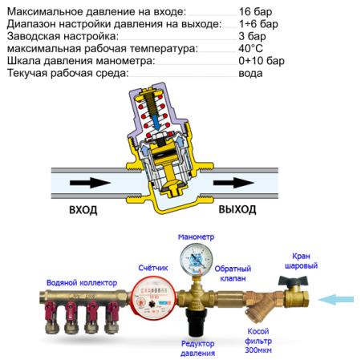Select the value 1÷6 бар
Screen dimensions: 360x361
258,24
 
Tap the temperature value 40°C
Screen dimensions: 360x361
251,48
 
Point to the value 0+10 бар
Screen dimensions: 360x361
262,60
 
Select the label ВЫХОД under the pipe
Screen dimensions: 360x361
237,210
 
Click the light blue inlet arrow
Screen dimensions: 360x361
337,300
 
